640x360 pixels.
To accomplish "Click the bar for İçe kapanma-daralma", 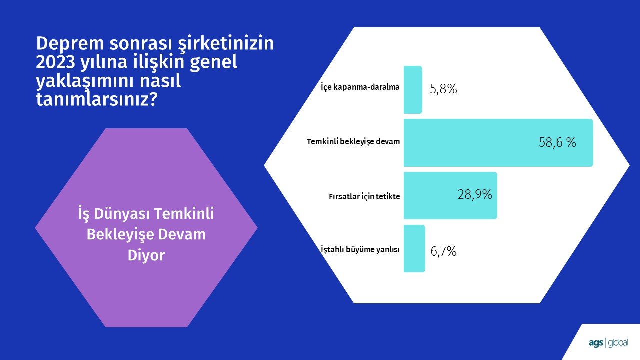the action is (x=413, y=90).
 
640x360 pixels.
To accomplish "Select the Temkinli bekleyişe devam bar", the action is (x=498, y=143).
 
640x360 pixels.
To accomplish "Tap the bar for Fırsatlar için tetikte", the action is (x=450, y=195).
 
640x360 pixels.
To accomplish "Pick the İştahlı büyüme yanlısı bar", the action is (x=414, y=248).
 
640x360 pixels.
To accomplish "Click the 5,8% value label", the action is (x=443, y=89).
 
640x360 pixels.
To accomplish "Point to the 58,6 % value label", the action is (x=557, y=142).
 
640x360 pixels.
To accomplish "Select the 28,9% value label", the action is (x=475, y=194).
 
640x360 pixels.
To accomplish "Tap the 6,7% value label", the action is (x=443, y=251).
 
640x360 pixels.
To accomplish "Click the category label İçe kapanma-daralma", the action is (x=360, y=87).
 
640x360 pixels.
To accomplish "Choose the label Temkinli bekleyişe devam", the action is (x=353, y=142).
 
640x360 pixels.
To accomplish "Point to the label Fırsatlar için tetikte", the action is (x=364, y=196).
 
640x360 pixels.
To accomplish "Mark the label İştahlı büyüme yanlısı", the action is (x=360, y=249).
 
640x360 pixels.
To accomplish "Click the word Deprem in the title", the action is (x=70, y=44).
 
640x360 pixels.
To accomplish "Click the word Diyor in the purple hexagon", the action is (x=146, y=255).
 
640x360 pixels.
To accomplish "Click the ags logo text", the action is (x=596, y=343).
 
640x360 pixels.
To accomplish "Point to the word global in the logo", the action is (x=618, y=343).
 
